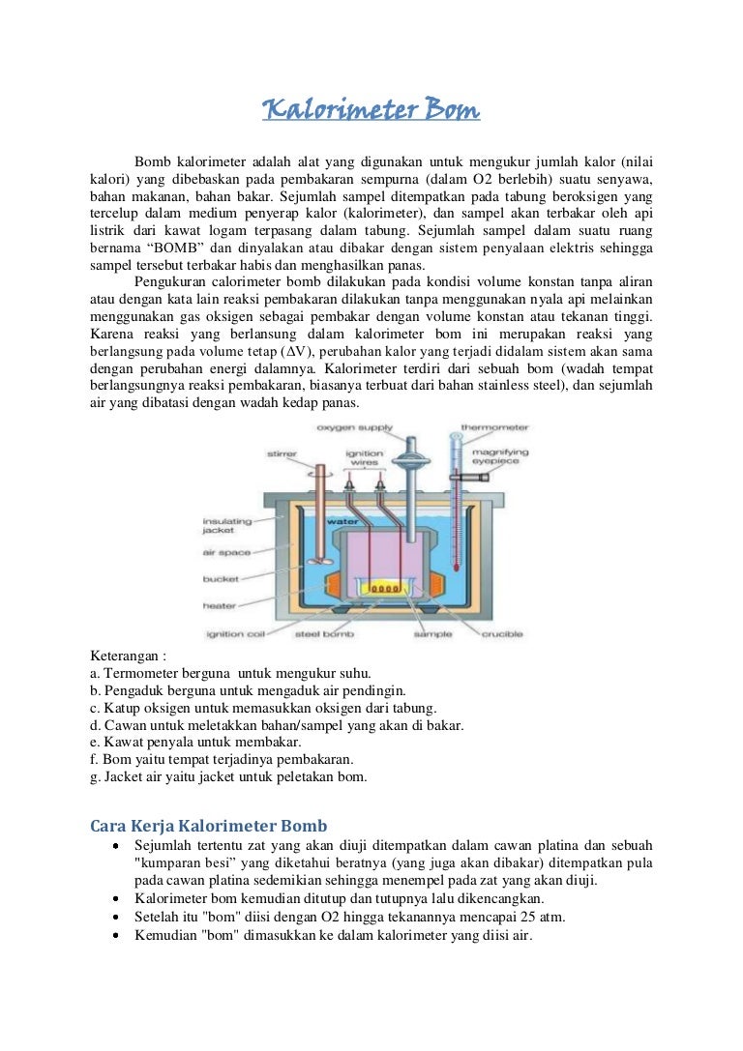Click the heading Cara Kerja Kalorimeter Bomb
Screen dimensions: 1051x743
(208, 825)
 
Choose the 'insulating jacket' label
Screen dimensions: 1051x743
(226, 525)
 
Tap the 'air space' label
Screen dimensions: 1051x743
(226, 553)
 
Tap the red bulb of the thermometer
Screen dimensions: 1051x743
(455, 590)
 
